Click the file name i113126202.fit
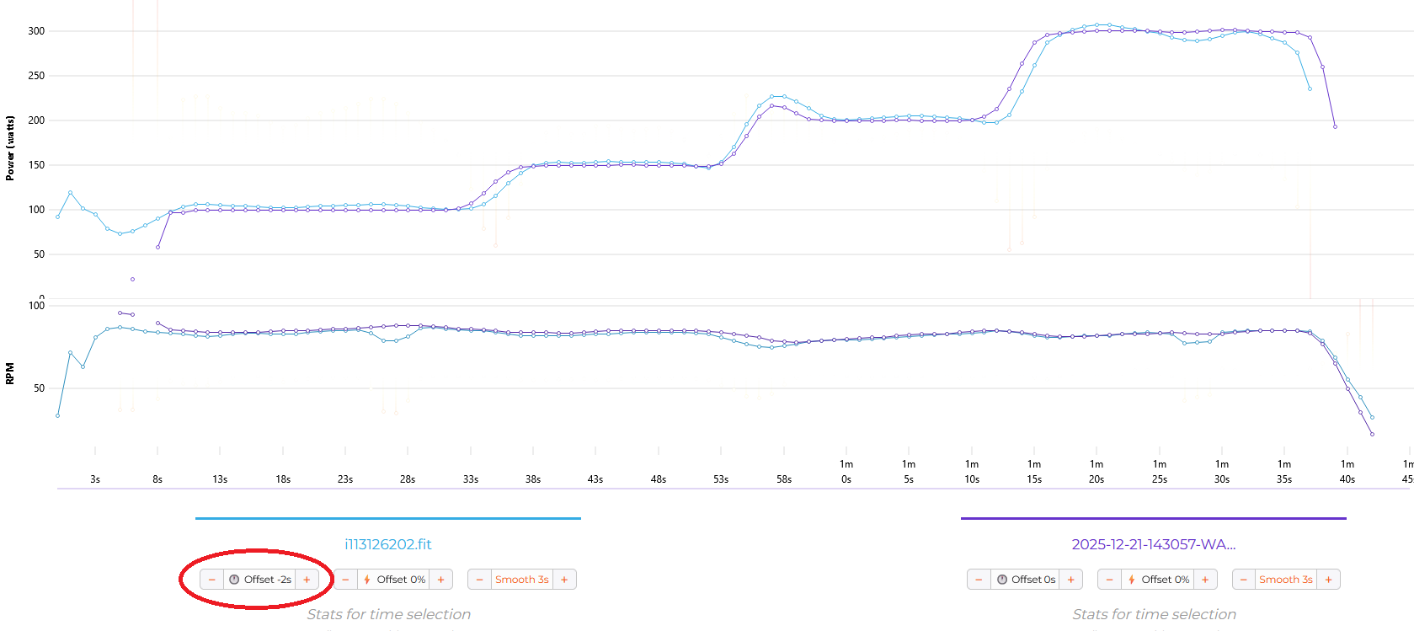(387, 544)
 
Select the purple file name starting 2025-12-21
(1153, 544)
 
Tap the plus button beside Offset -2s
(307, 580)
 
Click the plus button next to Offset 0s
(1070, 580)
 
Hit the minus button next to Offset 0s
(979, 580)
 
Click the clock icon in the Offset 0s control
(1002, 580)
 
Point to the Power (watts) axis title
(10, 148)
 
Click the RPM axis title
(10, 373)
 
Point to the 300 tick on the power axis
(36, 31)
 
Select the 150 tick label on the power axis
(36, 165)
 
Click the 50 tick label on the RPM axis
(39, 388)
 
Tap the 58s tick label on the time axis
(783, 479)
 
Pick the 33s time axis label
(471, 479)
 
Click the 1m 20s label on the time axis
(1097, 472)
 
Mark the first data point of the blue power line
(57, 217)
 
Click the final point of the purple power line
(1335, 126)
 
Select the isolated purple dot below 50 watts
(132, 279)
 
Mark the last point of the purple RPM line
(1372, 434)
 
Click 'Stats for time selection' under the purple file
(1154, 614)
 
